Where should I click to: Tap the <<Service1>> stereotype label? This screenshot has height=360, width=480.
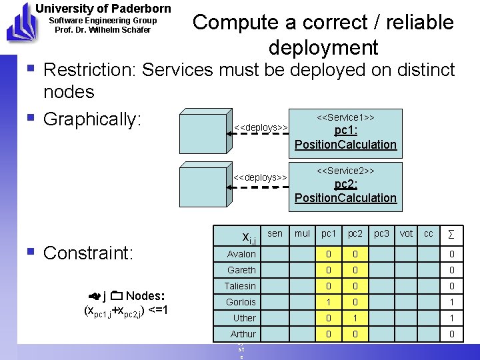pos(345,117)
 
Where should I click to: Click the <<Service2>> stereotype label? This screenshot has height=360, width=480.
pos(345,171)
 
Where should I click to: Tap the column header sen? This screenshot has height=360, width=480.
pos(275,233)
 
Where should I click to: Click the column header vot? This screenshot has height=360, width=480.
pos(406,233)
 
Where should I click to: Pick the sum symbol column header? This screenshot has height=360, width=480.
pos(451,234)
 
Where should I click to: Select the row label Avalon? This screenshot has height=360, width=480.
pos(241,254)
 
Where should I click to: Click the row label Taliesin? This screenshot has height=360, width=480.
pos(241,286)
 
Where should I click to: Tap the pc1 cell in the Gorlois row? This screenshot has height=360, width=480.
pos(329,302)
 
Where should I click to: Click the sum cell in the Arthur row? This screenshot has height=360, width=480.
pos(451,334)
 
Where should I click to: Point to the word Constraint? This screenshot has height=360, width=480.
pos(88,253)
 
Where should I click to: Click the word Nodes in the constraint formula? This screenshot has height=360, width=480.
pos(145,296)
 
